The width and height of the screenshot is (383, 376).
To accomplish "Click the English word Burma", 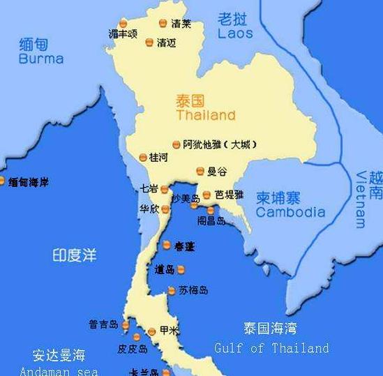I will tap(41, 59).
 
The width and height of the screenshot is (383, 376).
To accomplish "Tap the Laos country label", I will tap(235, 33).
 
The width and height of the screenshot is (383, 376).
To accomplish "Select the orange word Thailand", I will tap(206, 115).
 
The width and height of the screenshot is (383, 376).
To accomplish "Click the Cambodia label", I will tap(290, 212).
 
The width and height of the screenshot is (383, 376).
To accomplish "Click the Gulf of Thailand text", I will tap(271, 347).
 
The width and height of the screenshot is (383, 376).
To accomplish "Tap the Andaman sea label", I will tap(59, 370).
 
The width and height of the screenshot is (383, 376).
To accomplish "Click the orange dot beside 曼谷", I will tap(200, 171).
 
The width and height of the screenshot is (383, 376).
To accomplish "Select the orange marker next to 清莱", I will tap(163, 23).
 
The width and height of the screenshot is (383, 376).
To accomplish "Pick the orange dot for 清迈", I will tap(149, 43).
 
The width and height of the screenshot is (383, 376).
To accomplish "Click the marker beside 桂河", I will tap(143, 158).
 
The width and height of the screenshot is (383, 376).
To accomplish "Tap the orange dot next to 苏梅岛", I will tap(172, 291).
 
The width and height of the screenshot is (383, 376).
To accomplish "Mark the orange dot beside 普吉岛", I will tap(126, 325).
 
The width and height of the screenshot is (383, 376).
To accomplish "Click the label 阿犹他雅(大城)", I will tap(219, 144).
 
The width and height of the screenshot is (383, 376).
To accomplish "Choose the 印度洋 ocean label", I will tap(74, 255).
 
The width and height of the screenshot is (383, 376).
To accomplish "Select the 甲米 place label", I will tap(170, 331).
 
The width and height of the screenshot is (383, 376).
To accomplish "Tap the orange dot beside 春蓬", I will tap(167, 245).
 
